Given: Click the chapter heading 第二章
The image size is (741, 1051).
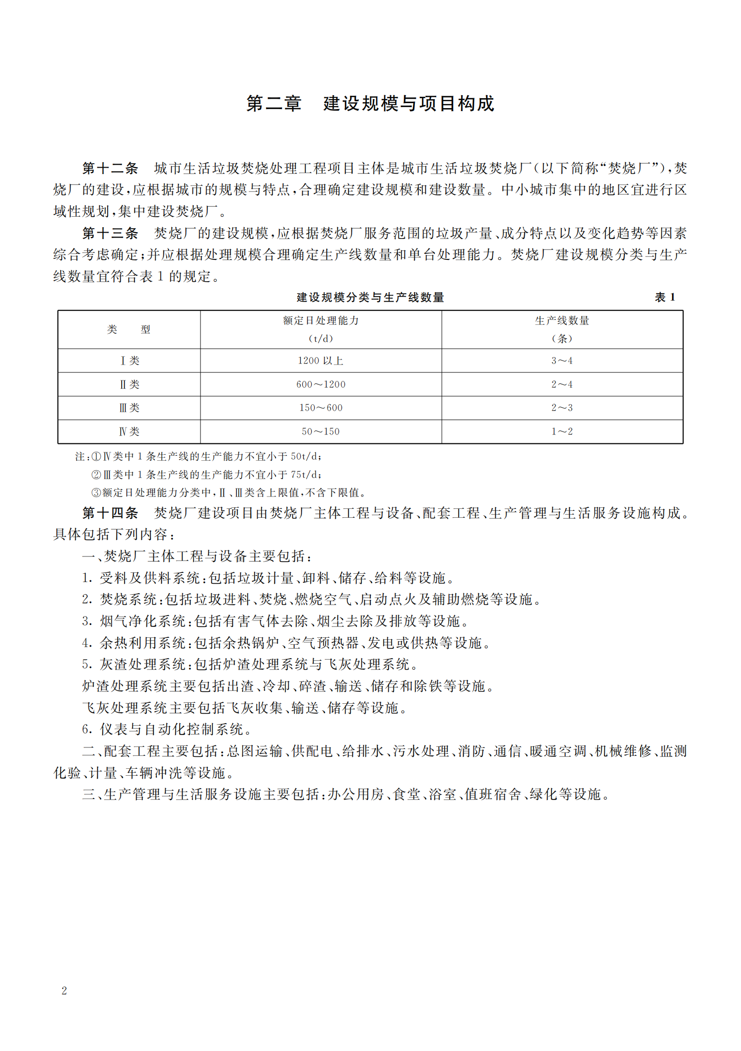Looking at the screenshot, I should point(273,104).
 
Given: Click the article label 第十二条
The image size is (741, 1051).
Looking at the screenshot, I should point(110,168).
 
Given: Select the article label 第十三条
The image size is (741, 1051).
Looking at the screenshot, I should point(110,233).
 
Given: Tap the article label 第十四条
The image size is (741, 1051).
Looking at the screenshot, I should point(110,513).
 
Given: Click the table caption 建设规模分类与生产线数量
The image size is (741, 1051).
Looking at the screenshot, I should point(370,297).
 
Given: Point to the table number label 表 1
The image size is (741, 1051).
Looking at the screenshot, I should point(665,297).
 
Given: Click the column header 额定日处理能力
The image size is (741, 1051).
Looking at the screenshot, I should point(321,321).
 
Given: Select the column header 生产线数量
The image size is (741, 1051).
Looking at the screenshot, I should point(562,321).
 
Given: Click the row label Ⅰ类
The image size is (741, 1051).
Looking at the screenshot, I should point(130,361).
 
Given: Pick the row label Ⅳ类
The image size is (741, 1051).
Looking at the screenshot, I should point(129,432).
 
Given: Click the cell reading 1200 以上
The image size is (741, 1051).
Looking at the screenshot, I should point(321,361).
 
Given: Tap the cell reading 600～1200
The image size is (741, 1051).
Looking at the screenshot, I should point(321,384).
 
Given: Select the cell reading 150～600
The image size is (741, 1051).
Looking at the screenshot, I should point(321,408).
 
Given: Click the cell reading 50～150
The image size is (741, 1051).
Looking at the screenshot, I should point(321,432).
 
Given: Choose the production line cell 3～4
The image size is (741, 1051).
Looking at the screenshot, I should point(562,361).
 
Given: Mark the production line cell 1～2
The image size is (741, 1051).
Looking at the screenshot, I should point(562,432).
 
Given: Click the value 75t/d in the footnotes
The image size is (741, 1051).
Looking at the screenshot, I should point(305,475).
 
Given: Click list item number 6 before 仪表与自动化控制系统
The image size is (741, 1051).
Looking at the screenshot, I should point(86,730).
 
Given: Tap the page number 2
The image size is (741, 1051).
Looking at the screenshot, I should point(64,990).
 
